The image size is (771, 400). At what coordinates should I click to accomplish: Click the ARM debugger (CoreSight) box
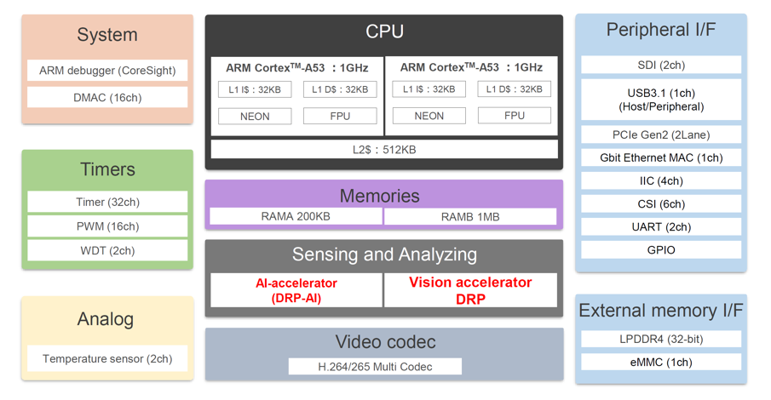point(107,71)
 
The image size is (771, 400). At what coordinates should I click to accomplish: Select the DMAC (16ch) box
point(107,98)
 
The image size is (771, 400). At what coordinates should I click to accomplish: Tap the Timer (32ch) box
point(107,203)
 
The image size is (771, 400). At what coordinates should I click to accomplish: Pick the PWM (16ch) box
point(107,226)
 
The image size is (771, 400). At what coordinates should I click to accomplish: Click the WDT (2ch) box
point(107,250)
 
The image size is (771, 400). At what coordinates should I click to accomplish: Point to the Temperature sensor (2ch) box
point(107,358)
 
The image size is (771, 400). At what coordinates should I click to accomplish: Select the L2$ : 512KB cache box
point(384,150)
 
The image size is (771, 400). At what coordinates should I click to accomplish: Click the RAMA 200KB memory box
point(296,217)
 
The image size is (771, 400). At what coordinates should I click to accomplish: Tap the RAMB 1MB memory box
point(470,217)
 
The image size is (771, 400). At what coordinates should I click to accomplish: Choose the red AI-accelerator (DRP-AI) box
point(296,290)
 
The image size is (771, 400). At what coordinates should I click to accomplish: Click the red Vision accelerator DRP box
point(470,290)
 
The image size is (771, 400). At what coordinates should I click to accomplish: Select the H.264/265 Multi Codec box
point(375,367)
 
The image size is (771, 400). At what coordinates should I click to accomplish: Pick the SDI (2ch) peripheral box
point(661,66)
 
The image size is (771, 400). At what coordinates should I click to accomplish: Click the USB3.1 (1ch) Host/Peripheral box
point(661,100)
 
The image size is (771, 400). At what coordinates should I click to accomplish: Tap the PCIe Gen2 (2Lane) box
point(661,134)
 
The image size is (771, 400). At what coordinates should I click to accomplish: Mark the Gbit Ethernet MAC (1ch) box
point(661,157)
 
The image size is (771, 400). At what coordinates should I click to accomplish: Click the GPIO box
point(661,250)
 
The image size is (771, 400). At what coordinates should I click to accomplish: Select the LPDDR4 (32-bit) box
point(661,339)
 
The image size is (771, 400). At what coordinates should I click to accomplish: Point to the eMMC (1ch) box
point(661,362)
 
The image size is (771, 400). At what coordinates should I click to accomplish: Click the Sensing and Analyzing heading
point(384,254)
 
